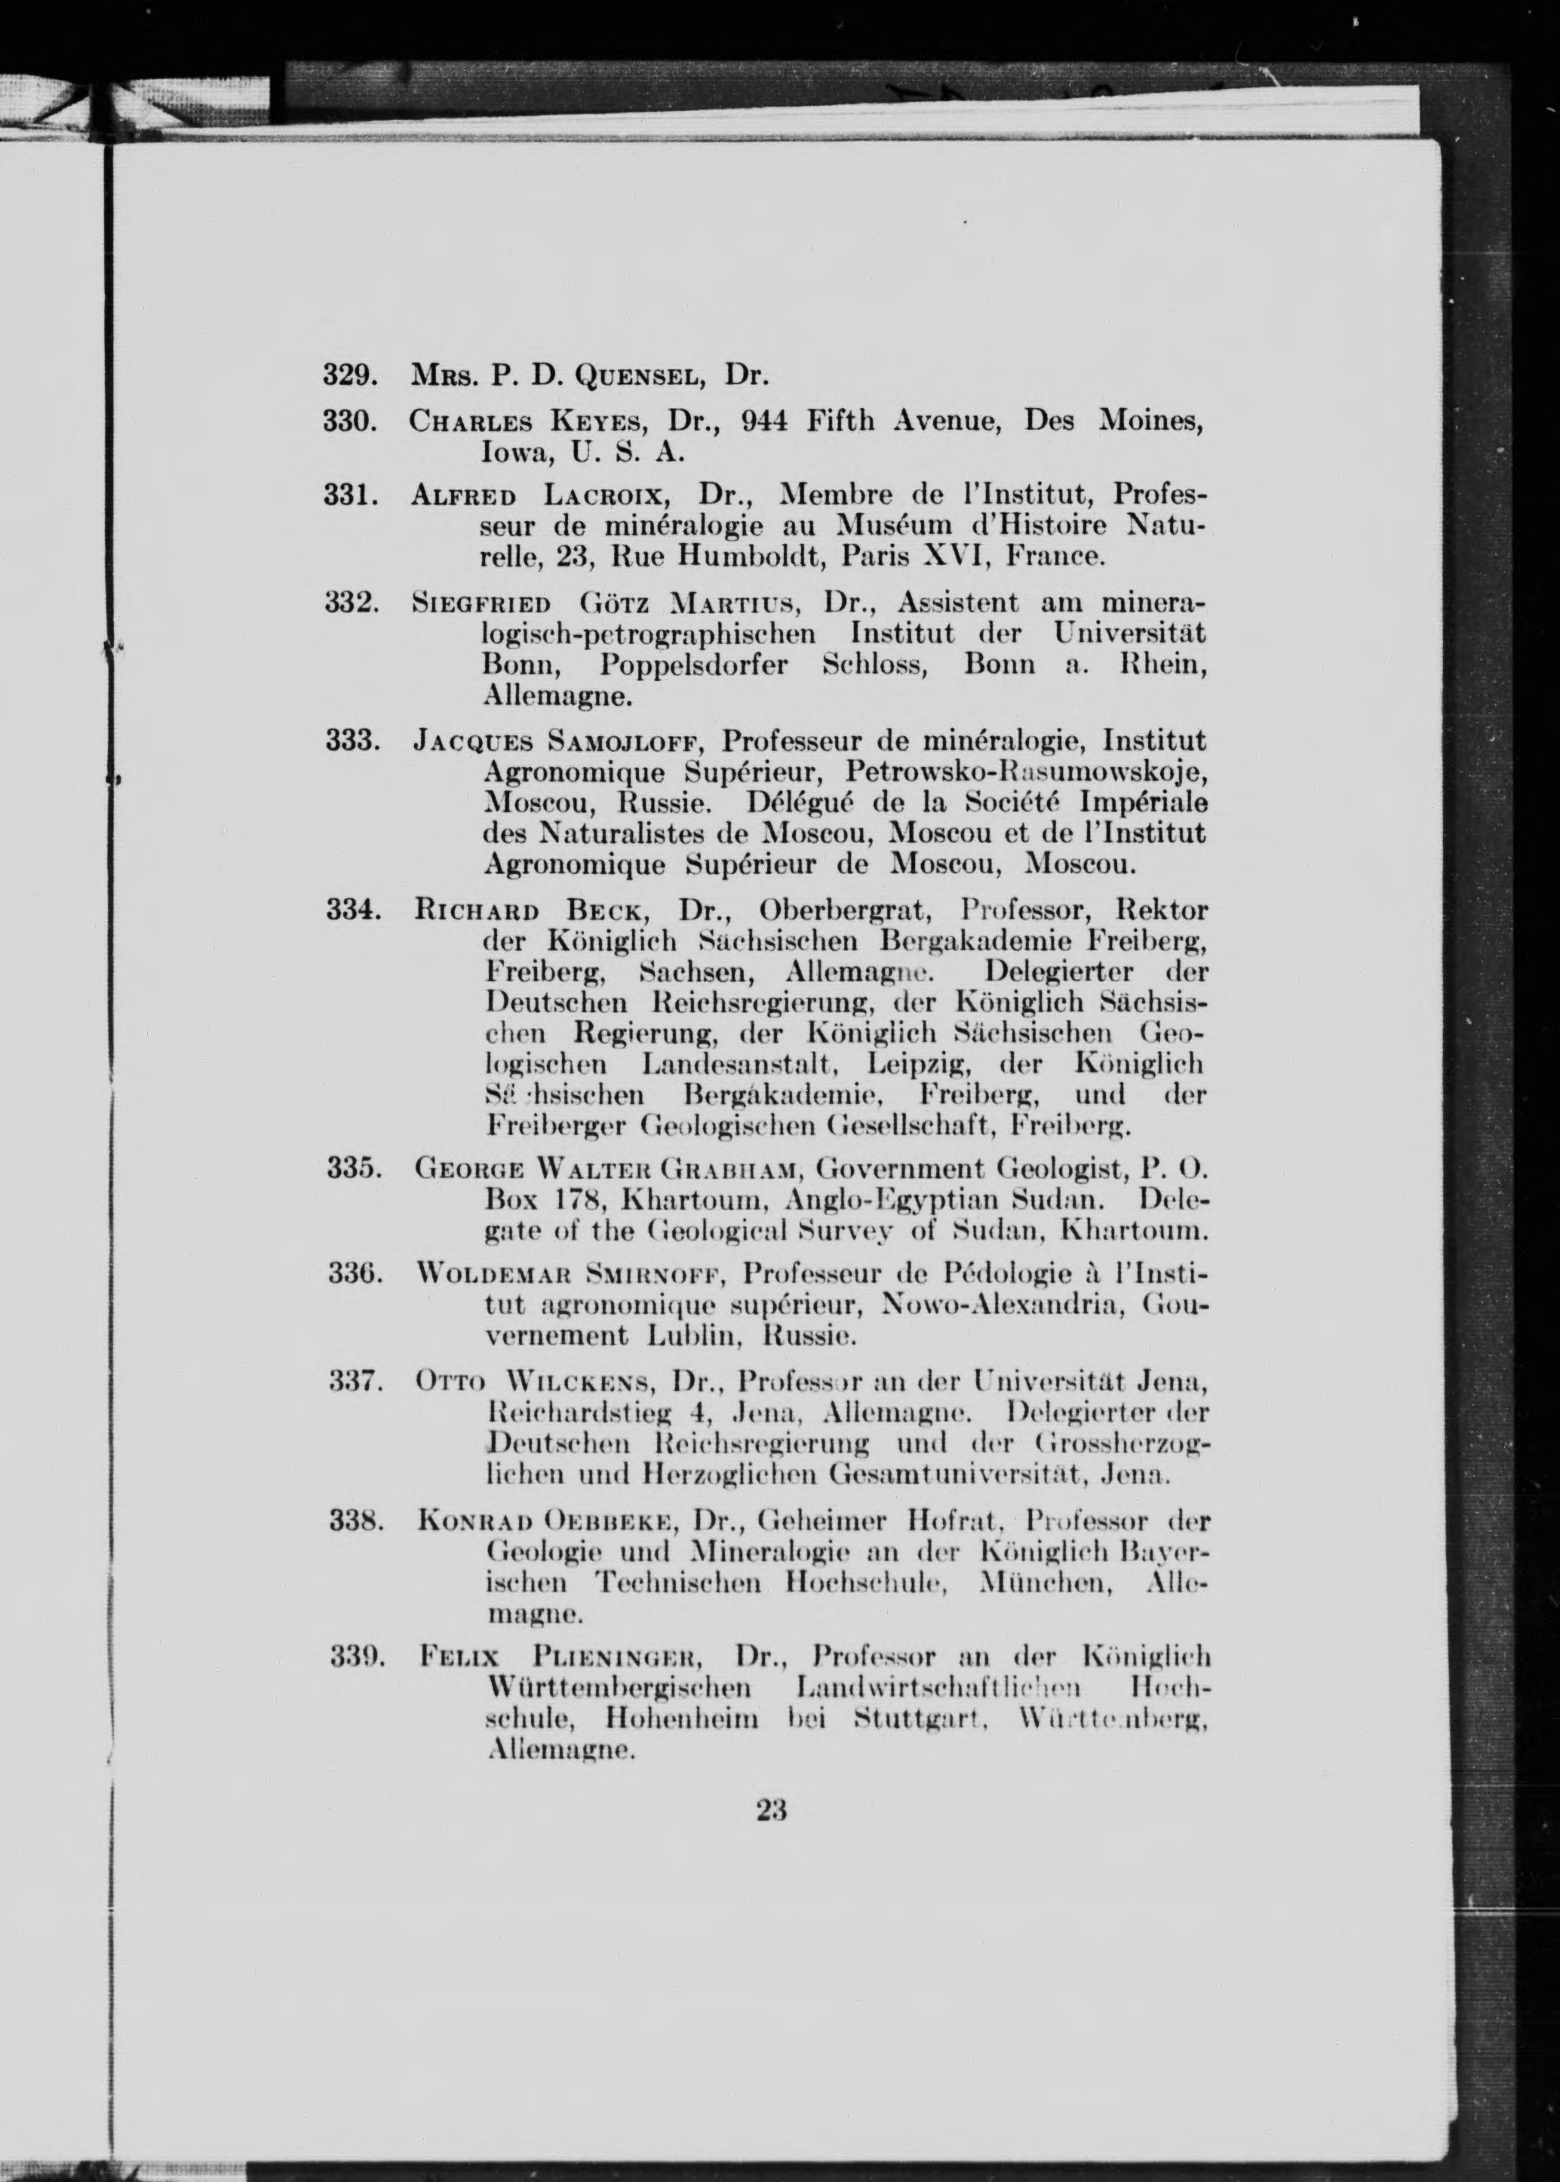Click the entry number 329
point(348,376)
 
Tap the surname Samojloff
point(625,742)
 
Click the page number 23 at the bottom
point(772,1810)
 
